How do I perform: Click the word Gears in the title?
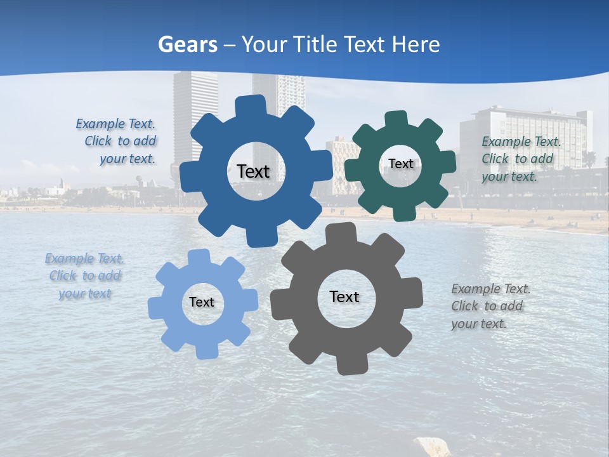coord(187,44)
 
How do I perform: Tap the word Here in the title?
coord(416,44)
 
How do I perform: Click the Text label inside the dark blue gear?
coord(253,171)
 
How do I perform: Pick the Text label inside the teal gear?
coord(400,164)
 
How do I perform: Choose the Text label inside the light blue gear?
coord(202,302)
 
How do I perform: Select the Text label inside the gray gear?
coord(344,296)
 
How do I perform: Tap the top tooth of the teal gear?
coord(396,119)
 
